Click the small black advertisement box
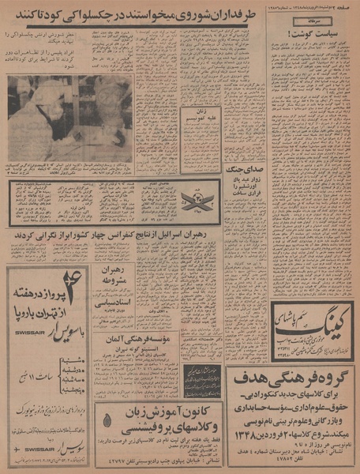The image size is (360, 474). tap(202, 379)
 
